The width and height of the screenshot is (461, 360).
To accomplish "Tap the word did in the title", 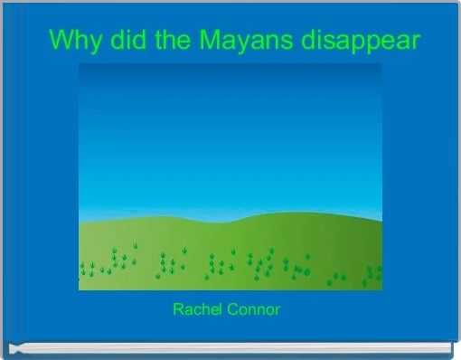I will [x=118, y=41].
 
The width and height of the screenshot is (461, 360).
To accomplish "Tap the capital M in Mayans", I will [x=202, y=41].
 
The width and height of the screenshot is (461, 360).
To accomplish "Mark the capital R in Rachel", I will [x=177, y=310].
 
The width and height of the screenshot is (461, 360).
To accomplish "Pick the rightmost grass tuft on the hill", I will [x=377, y=272].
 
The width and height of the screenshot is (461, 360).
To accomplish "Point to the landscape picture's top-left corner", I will [x=79, y=63].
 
